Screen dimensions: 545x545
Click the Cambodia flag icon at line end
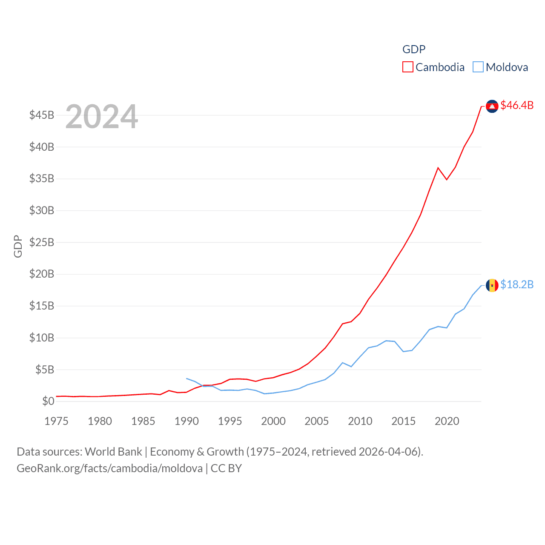click(492, 106)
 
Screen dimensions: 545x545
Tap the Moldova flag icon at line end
click(492, 285)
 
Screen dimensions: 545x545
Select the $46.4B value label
click(517, 105)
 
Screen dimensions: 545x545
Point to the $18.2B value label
click(517, 284)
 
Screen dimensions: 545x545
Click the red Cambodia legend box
click(407, 67)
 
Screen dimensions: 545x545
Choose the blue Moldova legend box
click(478, 67)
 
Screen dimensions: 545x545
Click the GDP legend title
click(414, 49)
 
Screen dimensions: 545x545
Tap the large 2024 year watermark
click(101, 116)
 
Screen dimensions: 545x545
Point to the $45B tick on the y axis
click(42, 115)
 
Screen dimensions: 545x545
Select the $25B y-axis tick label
click(42, 242)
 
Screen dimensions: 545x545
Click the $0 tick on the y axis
click(48, 401)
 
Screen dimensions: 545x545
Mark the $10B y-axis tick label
click(42, 338)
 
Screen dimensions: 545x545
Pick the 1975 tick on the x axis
click(56, 421)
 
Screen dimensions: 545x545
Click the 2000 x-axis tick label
click(273, 421)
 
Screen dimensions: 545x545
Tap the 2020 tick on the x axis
click(447, 421)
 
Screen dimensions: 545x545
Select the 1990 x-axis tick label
click(186, 421)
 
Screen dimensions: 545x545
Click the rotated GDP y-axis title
click(18, 246)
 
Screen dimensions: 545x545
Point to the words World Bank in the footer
click(113, 451)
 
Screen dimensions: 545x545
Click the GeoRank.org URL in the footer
click(110, 468)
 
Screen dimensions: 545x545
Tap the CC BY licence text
click(226, 468)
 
